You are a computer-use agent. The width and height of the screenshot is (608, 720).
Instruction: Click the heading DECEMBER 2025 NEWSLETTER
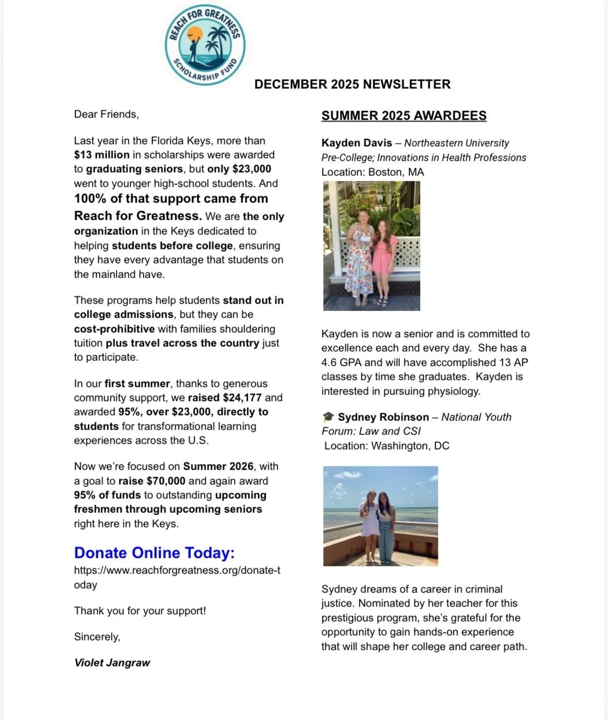pyautogui.click(x=352, y=84)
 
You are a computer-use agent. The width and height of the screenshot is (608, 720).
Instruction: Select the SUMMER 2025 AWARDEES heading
pyautogui.click(x=404, y=116)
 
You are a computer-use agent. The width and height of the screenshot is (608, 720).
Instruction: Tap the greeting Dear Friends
pyautogui.click(x=106, y=114)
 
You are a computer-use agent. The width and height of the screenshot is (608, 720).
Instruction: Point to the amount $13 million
pyautogui.click(x=102, y=155)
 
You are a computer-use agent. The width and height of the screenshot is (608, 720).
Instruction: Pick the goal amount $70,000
pyautogui.click(x=166, y=481)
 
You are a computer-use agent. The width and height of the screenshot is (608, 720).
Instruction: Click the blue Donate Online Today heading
pyautogui.click(x=154, y=553)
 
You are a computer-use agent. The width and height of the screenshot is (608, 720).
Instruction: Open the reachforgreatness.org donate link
pyautogui.click(x=176, y=571)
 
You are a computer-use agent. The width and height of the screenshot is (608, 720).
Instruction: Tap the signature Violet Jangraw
pyautogui.click(x=112, y=663)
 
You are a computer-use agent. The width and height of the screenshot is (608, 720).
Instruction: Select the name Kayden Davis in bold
pyautogui.click(x=356, y=143)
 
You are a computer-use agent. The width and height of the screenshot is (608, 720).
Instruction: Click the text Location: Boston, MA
pyautogui.click(x=372, y=172)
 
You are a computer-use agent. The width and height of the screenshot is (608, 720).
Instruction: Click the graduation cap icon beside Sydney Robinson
pyautogui.click(x=328, y=417)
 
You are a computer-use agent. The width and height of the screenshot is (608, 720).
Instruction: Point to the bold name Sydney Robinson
pyautogui.click(x=383, y=417)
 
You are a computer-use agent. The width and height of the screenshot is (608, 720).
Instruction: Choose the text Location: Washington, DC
pyautogui.click(x=387, y=446)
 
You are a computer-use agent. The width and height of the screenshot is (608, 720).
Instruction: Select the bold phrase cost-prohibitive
pyautogui.click(x=114, y=329)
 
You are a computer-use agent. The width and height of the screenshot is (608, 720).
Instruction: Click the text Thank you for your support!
pyautogui.click(x=140, y=611)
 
